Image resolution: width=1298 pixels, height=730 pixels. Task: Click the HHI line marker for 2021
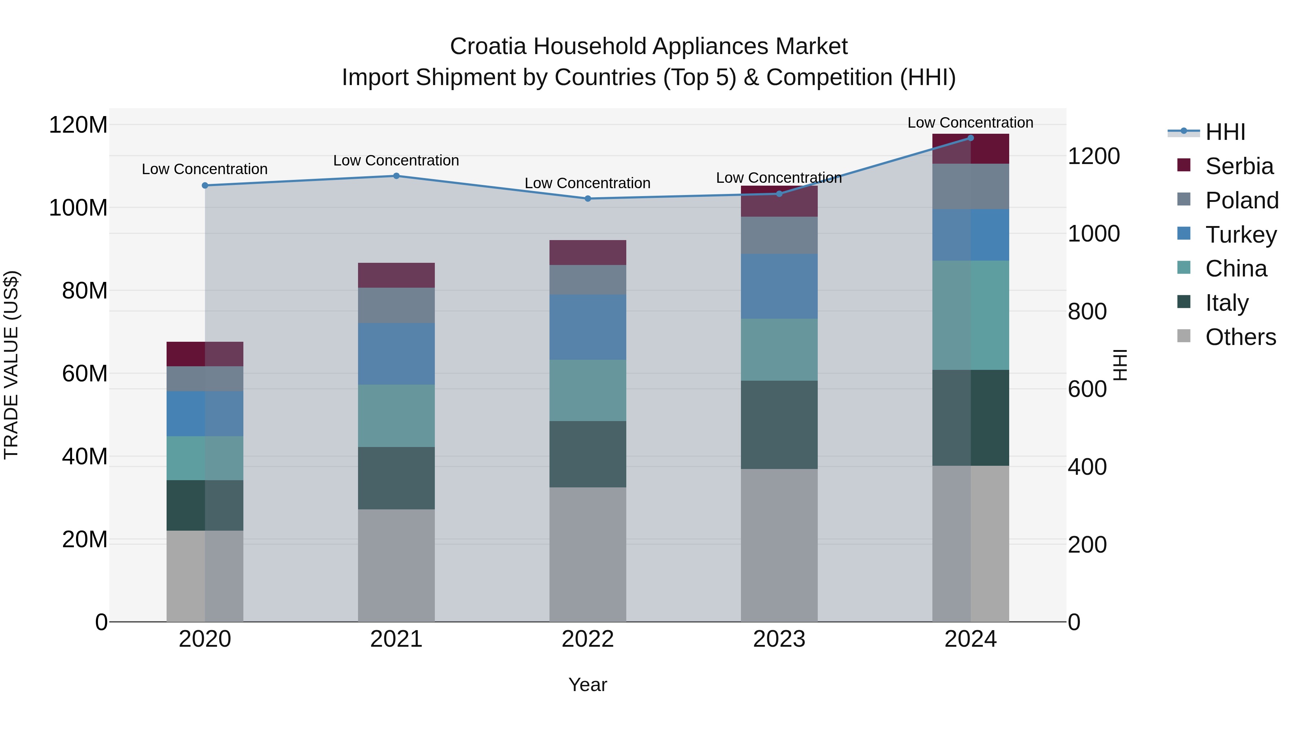coord(396,176)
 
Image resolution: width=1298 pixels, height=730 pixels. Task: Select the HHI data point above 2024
coord(971,138)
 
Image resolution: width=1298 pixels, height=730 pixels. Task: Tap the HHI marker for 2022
coord(588,199)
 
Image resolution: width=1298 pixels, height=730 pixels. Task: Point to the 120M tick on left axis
coord(78,124)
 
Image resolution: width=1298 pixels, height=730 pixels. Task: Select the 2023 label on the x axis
coord(779,639)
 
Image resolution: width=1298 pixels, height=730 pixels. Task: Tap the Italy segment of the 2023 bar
coord(779,425)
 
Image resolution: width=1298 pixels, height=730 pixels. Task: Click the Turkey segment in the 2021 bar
coord(396,354)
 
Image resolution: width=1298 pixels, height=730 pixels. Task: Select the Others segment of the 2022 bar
coord(588,554)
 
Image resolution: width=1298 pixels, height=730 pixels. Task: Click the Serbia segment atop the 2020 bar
coord(204,354)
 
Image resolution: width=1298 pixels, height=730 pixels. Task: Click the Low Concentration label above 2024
coord(971,123)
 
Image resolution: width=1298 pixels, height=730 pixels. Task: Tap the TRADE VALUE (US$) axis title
coord(11,365)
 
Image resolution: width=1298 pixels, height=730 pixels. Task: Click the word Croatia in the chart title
coord(489,47)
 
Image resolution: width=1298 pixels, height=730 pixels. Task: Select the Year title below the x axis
coord(588,685)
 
